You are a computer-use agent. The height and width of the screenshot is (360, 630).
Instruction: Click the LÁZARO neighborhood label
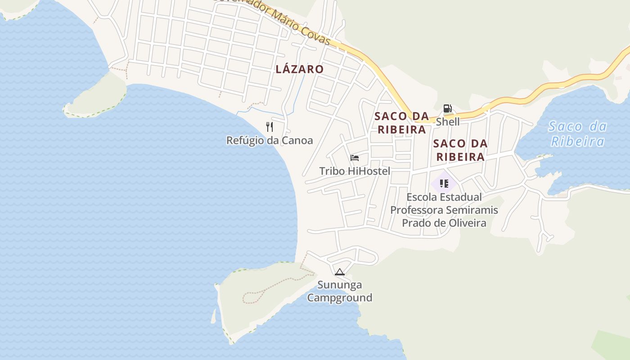pyautogui.click(x=299, y=69)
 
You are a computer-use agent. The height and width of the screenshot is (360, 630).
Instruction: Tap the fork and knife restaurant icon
pyautogui.click(x=270, y=127)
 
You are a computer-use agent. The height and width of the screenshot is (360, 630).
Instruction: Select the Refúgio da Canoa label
pyautogui.click(x=269, y=140)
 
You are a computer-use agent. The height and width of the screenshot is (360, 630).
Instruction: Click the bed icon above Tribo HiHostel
pyautogui.click(x=355, y=158)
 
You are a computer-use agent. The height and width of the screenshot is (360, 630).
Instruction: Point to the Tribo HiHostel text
pyautogui.click(x=355, y=171)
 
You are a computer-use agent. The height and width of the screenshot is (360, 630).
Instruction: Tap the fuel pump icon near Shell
pyautogui.click(x=447, y=108)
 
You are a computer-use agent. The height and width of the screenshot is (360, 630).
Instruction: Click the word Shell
pyautogui.click(x=448, y=121)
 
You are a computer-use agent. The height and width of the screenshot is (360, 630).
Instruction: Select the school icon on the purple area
pyautogui.click(x=444, y=184)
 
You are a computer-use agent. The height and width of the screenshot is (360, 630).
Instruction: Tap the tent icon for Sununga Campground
pyautogui.click(x=340, y=272)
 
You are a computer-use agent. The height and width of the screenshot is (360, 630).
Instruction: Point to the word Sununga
pyautogui.click(x=340, y=285)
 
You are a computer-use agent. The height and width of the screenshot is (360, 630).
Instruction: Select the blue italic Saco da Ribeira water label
pyautogui.click(x=577, y=134)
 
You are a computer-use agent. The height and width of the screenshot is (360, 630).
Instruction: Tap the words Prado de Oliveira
pyautogui.click(x=444, y=223)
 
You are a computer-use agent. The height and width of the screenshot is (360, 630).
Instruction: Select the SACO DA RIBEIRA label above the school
pyautogui.click(x=460, y=150)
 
